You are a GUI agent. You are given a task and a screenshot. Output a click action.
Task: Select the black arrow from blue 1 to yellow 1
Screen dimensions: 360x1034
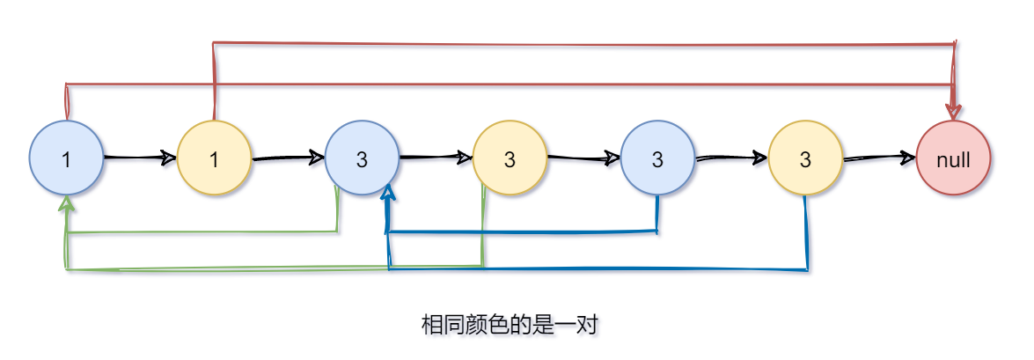tap(140, 158)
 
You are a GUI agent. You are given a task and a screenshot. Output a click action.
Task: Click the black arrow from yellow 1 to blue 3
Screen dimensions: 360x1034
tap(288, 159)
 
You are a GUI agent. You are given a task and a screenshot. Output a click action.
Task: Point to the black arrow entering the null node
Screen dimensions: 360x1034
tap(879, 158)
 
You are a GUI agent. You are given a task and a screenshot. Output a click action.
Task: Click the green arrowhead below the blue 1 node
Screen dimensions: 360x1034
tap(66, 203)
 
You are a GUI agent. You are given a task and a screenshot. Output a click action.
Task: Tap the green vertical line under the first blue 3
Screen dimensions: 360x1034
tap(338, 210)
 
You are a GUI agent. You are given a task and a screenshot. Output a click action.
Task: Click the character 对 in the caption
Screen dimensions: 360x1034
tap(589, 326)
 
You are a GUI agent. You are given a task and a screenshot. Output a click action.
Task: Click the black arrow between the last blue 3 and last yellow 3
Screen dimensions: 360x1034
tap(731, 159)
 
